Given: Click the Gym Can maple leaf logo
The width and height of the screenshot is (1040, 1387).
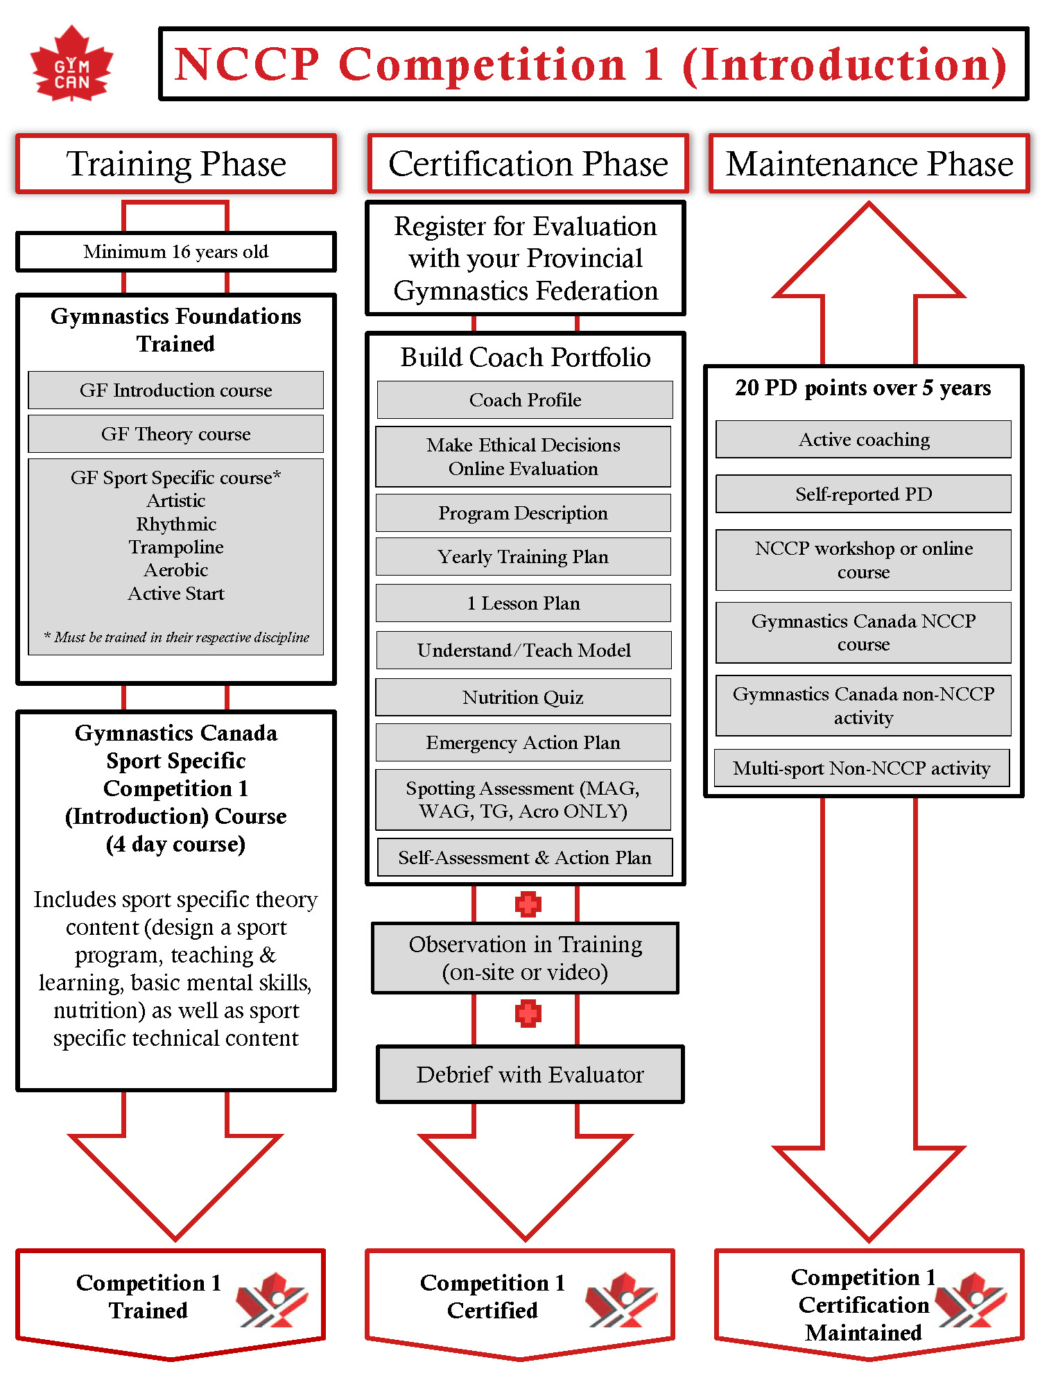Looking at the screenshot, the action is [x=71, y=64].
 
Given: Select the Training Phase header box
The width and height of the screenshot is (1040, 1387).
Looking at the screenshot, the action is [x=176, y=164].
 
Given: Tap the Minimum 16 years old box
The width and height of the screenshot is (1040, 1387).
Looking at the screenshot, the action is [x=176, y=252].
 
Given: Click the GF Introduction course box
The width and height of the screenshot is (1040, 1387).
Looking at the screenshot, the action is [x=176, y=390].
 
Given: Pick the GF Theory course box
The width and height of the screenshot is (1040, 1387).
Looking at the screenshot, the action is [x=176, y=434].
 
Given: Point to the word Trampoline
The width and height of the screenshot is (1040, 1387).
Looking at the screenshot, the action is [x=176, y=547].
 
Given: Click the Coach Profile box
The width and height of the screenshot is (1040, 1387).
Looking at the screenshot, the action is [x=525, y=399].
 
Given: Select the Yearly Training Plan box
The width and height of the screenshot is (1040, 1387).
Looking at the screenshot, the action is [x=523, y=556].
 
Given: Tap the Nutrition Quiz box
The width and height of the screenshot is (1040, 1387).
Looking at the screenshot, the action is [x=523, y=697].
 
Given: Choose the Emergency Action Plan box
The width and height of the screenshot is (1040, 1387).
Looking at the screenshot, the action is [x=523, y=742].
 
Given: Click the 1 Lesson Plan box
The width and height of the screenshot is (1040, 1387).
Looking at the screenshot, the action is [x=523, y=603].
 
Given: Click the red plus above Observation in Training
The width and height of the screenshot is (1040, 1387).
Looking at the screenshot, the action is [x=528, y=904].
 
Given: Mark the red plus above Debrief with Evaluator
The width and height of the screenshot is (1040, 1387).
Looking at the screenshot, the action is [x=528, y=1013].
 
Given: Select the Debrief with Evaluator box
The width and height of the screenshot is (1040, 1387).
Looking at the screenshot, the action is [x=530, y=1074].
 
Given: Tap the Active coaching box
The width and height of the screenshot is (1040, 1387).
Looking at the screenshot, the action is [x=863, y=439].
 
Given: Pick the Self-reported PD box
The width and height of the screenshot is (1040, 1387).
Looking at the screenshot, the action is [x=863, y=494].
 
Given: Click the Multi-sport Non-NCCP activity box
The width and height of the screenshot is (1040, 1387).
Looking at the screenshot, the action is [x=862, y=768].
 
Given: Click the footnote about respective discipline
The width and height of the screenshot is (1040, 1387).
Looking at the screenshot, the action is [x=176, y=637].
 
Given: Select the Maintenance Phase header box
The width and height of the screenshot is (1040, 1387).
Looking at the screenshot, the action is [x=869, y=164].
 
